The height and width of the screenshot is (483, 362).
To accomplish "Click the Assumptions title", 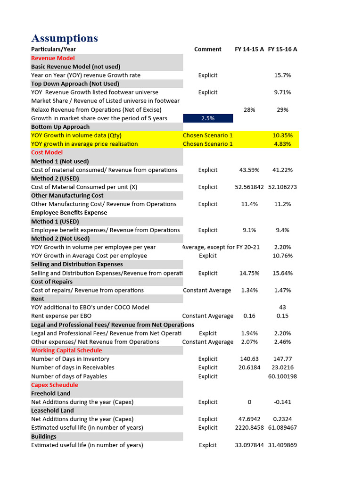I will (x=65, y=38).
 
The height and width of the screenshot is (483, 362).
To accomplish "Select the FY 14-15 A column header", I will (x=249, y=49).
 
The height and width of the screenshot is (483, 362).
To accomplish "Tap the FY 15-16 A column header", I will (x=282, y=49).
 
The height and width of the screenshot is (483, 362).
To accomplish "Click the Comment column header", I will (x=207, y=49).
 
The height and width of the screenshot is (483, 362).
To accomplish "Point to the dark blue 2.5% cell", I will (x=207, y=118).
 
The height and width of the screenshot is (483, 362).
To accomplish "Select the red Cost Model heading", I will (x=47, y=152).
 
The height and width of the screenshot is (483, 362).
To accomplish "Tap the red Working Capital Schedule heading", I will (x=66, y=350).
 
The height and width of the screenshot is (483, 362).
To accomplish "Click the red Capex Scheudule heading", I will (x=55, y=385).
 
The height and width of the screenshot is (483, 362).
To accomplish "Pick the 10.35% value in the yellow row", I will (x=282, y=135).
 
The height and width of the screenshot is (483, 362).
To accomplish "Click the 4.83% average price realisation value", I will (x=282, y=144).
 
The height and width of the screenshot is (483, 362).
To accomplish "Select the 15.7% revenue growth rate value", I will (x=282, y=75).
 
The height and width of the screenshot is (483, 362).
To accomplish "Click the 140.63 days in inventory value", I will (x=249, y=359).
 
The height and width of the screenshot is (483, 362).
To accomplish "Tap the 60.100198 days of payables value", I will (x=282, y=376).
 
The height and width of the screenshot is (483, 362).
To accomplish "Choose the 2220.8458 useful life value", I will (x=249, y=427).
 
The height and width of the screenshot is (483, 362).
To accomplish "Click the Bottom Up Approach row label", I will (x=60, y=127).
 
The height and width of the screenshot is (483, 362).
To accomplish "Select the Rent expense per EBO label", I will (x=61, y=316).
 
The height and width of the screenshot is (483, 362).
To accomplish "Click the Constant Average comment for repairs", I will (x=207, y=290).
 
